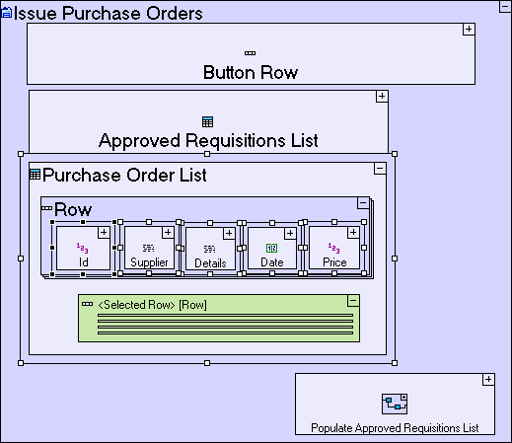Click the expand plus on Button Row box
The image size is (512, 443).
point(469,29)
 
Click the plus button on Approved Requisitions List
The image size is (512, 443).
point(382,97)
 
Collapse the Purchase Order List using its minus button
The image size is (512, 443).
point(380,169)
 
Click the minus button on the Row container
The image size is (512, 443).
point(363,203)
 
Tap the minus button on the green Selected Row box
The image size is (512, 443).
point(353,301)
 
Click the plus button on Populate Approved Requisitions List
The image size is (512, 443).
point(488,380)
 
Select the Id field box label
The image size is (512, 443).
point(83,262)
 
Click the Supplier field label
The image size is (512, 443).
point(149,262)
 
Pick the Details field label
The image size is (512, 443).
point(210,263)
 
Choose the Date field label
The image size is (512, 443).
point(272,262)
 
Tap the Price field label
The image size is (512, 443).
point(334,262)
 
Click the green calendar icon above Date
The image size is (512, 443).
point(271,248)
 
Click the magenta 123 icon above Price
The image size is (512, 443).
point(333,248)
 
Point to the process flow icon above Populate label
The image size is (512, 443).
point(395,404)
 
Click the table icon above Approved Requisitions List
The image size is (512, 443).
point(207,122)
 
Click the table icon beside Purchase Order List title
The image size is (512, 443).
point(35,175)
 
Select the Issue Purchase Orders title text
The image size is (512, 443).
point(109,13)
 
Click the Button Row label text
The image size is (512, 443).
point(251,72)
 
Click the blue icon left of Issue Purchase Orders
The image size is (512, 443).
point(7,13)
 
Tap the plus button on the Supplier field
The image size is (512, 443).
point(168,233)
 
